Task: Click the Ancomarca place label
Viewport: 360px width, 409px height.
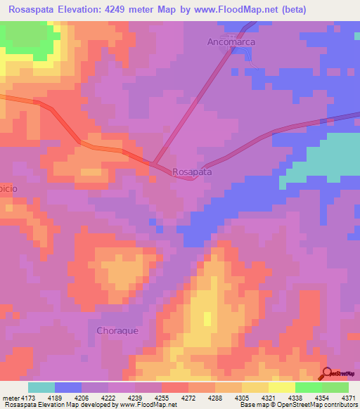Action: tap(231, 42)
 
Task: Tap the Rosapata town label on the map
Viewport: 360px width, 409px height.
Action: tap(192, 171)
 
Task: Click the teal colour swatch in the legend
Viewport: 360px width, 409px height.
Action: tap(41, 387)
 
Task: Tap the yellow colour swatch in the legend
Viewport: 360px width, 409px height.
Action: tap(282, 387)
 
